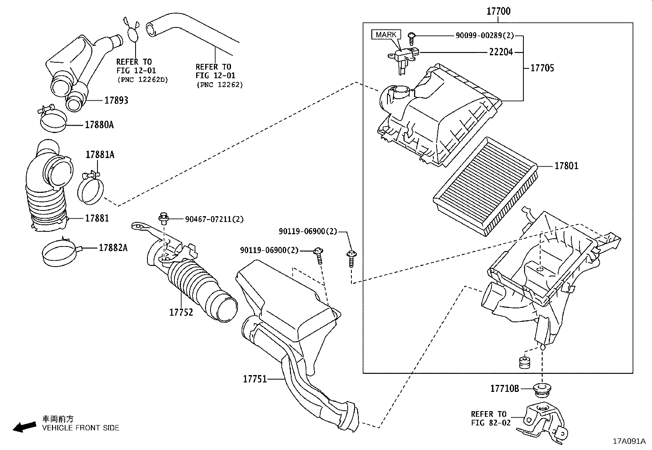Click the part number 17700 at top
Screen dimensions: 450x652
(498, 11)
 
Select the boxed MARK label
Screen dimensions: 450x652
(386, 35)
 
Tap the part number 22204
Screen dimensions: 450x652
(500, 52)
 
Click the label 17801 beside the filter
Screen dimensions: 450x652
(566, 166)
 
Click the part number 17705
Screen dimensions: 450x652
(542, 68)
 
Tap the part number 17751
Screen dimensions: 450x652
(255, 379)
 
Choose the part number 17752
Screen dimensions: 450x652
(181, 312)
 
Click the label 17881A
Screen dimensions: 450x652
(100, 155)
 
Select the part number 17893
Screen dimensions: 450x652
(116, 100)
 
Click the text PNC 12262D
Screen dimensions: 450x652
(143, 79)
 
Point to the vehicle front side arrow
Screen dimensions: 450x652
(24, 427)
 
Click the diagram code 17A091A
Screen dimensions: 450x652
(629, 441)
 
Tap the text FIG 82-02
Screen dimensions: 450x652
(491, 423)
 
